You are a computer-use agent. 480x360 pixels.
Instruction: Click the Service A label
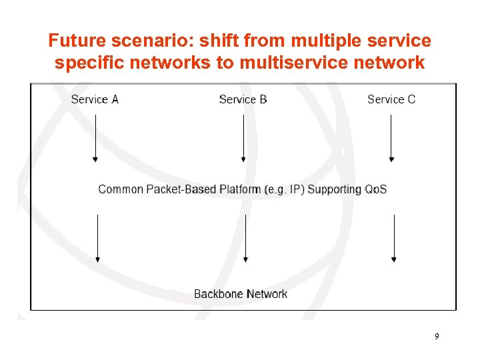pos(95,99)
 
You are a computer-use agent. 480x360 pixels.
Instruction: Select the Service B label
pos(243,99)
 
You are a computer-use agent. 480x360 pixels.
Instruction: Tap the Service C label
pos(391,99)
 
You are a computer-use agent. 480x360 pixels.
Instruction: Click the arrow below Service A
pos(95,138)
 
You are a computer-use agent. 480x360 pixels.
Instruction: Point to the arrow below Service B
pos(243,138)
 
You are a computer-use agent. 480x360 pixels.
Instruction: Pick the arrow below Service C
pos(391,138)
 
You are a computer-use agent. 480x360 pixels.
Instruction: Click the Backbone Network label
pos(241,294)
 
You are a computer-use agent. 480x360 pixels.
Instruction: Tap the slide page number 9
pos(437,337)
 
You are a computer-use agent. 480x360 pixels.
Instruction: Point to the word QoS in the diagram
pos(375,189)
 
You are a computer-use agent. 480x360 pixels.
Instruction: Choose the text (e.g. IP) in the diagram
pos(285,189)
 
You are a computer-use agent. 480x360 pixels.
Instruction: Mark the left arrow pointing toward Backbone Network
pos(98,238)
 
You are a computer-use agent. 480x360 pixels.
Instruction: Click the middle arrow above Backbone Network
pos(246,238)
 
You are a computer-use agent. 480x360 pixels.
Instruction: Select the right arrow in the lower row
pos(394,238)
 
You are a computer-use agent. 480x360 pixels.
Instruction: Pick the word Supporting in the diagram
pos(335,189)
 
